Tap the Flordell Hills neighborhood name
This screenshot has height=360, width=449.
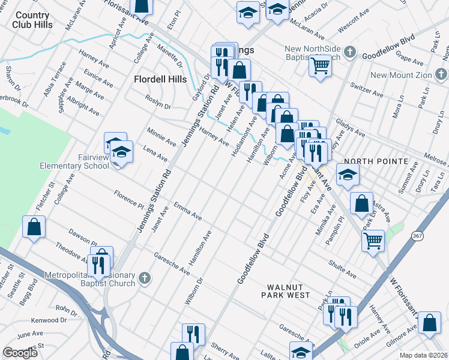pyautogui.click(x=160, y=79)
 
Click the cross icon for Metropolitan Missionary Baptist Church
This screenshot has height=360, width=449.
pyautogui.click(x=143, y=277)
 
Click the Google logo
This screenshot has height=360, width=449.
pyautogui.click(x=20, y=353)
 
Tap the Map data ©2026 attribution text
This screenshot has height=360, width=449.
pyautogui.click(x=424, y=355)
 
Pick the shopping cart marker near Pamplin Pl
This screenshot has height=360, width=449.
pyautogui.click(x=373, y=241)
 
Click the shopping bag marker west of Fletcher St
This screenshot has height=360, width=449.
pyautogui.click(x=34, y=227)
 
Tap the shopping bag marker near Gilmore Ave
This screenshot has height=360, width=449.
pyautogui.click(x=429, y=323)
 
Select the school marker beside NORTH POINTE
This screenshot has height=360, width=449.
pyautogui.click(x=348, y=175)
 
